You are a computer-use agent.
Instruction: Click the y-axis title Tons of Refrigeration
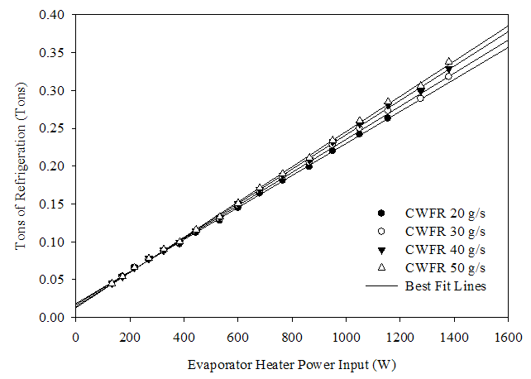[25, 166]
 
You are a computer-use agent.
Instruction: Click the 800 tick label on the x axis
[291, 337]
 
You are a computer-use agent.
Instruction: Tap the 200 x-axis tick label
[129, 337]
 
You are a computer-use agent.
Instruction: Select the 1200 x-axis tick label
[399, 337]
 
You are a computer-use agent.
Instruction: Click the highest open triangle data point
[448, 62]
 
